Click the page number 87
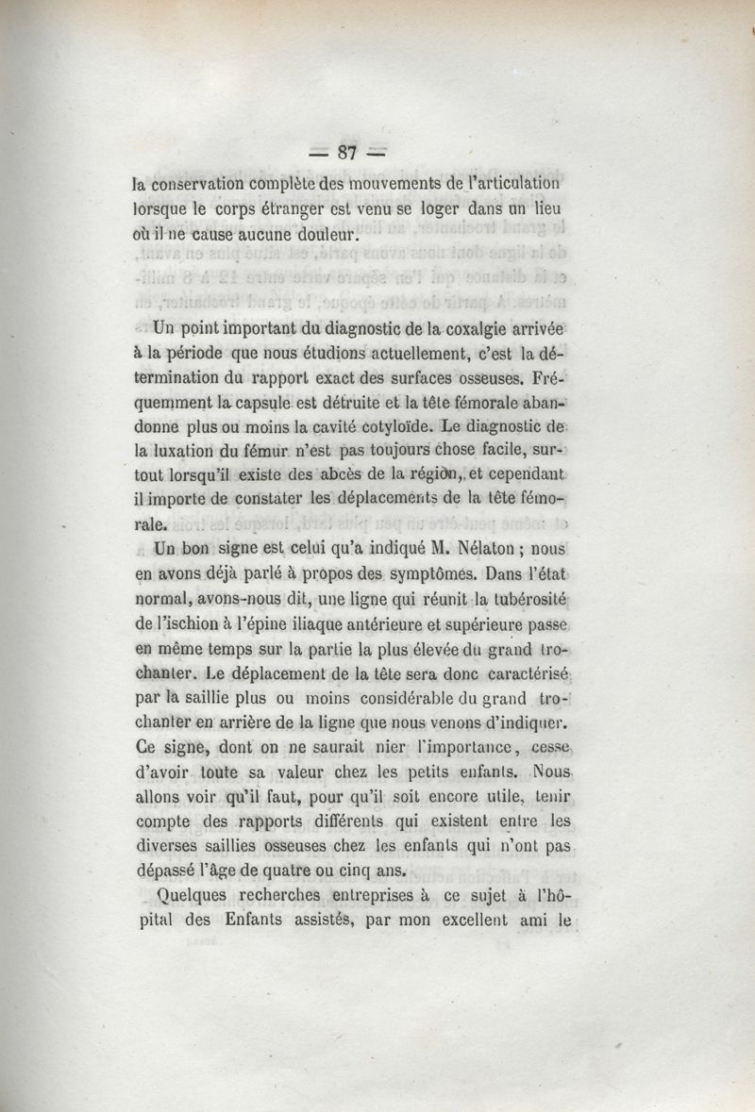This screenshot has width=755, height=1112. (x=349, y=153)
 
